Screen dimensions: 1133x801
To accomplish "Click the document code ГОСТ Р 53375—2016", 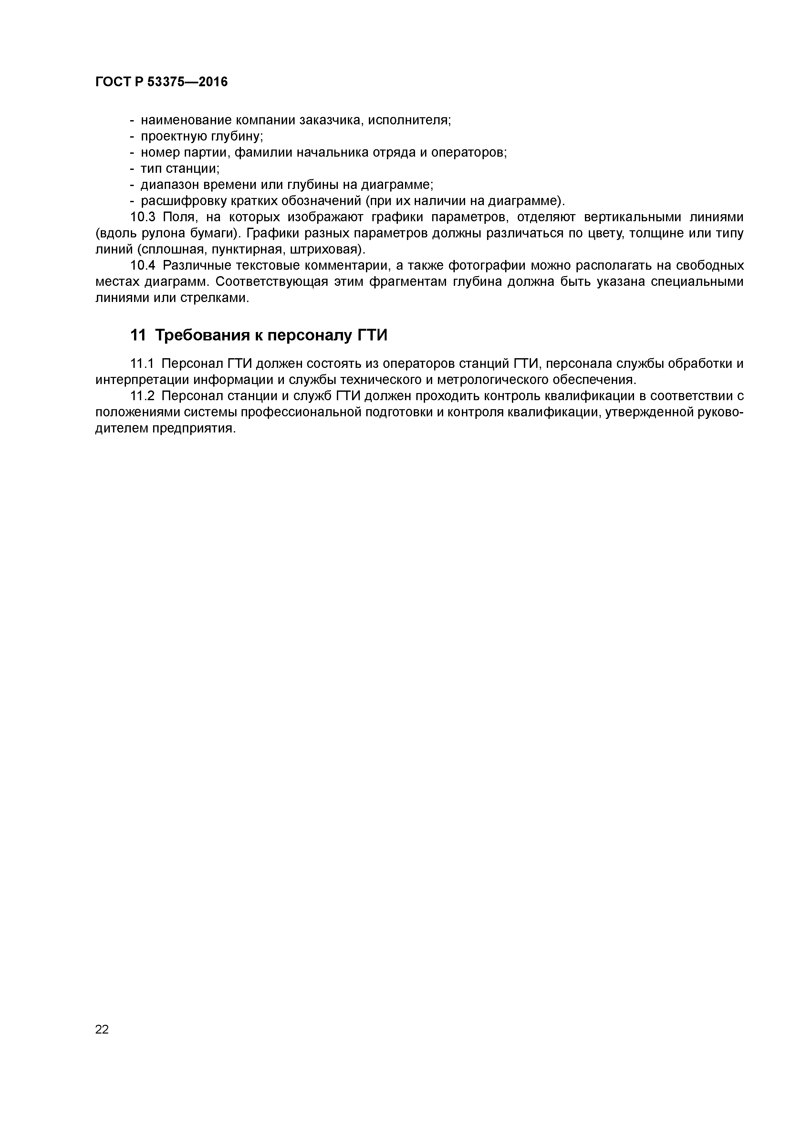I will coord(161,82).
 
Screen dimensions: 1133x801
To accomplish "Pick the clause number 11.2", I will coord(142,396).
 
